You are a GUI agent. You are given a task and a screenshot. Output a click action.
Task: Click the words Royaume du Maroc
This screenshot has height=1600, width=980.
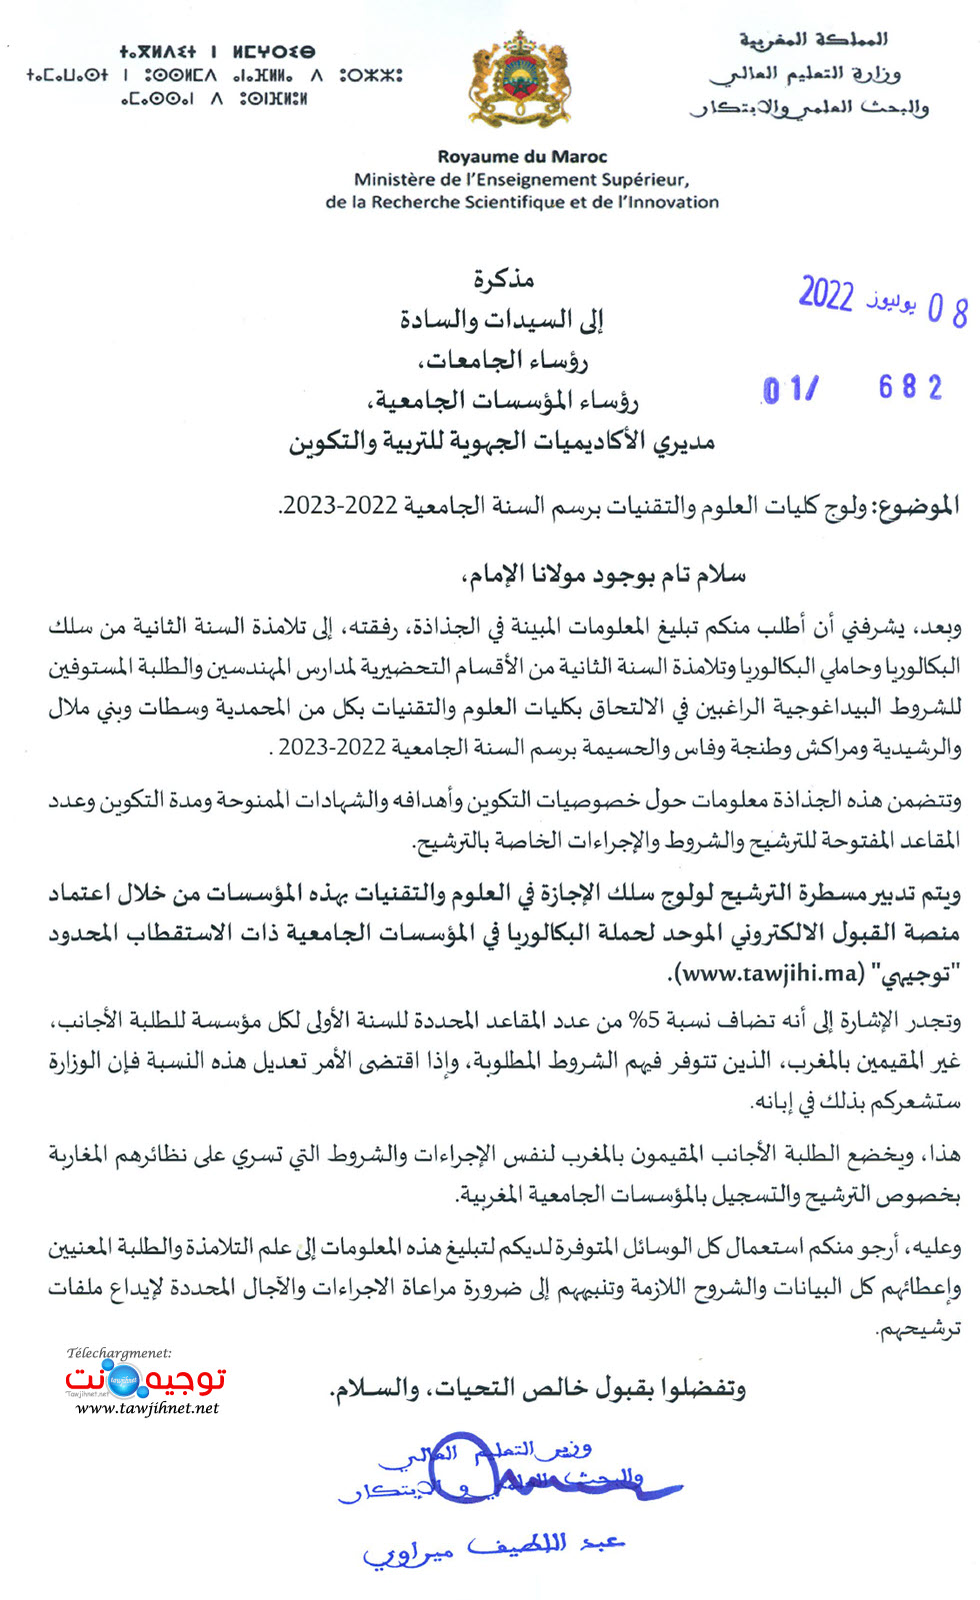point(522,157)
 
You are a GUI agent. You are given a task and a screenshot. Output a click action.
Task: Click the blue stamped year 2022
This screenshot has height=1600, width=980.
point(826,295)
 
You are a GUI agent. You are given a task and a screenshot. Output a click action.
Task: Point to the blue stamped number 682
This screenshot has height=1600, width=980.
point(910,388)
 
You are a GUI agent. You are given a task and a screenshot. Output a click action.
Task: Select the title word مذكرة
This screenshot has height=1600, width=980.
point(503,279)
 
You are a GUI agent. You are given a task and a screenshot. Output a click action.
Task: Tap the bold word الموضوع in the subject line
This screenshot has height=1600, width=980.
point(918,507)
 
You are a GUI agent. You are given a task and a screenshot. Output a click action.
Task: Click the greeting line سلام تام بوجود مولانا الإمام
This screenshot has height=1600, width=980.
point(603,576)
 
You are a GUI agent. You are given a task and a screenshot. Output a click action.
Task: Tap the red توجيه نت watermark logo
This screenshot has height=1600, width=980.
point(145,1380)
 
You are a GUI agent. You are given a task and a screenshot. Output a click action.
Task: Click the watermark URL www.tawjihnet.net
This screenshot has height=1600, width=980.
point(147,1408)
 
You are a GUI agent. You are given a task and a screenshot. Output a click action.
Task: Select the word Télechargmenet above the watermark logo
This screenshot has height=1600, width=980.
point(119,1353)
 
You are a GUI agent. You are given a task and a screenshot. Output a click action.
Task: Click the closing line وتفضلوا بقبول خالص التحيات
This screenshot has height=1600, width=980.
point(538,1388)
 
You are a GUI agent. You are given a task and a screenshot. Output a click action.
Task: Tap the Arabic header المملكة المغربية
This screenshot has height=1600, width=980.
point(813,39)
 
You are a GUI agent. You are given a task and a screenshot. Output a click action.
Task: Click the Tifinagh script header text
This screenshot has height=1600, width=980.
point(215,75)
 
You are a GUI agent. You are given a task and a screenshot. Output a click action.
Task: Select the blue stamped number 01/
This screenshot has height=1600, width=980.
point(791,390)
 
